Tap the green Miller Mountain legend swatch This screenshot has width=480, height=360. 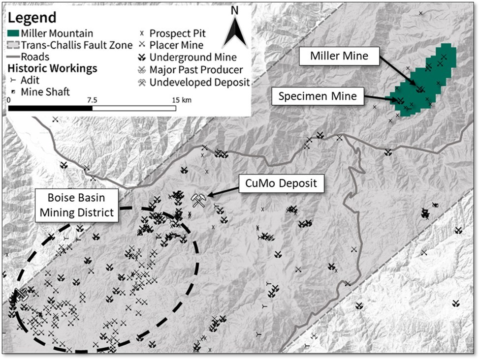click(18, 33)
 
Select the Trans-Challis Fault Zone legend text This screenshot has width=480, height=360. click(76, 45)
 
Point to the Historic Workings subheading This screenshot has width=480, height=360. click(53, 68)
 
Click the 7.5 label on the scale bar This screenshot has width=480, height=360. click(92, 99)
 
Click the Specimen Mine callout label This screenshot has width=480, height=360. click(318, 96)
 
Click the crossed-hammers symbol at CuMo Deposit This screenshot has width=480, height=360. click(199, 200)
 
